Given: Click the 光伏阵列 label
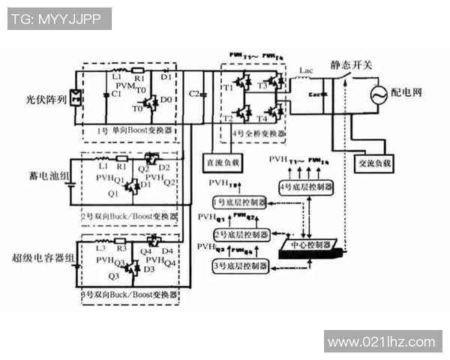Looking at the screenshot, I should tap(46, 97).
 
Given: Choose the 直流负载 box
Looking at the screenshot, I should tap(223, 161).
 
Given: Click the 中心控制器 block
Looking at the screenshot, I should tap(310, 244).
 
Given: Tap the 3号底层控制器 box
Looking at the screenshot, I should tap(239, 266).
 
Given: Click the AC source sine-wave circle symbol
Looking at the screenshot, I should tap(374, 93).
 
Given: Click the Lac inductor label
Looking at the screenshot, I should tap(305, 71).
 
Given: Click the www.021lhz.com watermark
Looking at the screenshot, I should tap(382, 341).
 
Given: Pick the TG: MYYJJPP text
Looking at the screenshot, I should tap(58, 19).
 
